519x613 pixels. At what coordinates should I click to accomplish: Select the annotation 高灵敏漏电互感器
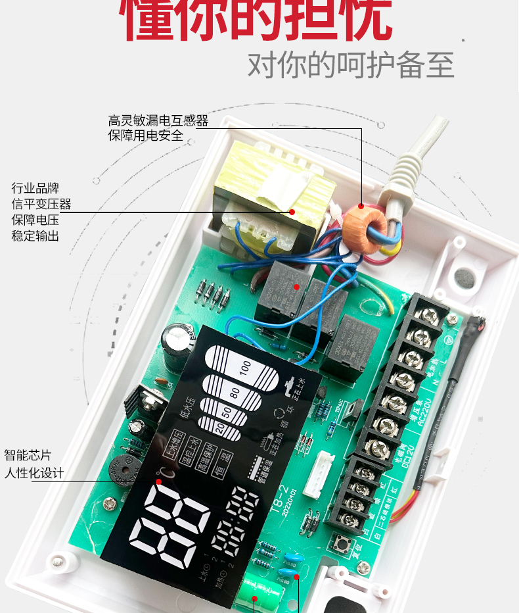click(158, 120)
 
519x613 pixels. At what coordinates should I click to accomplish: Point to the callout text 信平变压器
click(41, 204)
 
